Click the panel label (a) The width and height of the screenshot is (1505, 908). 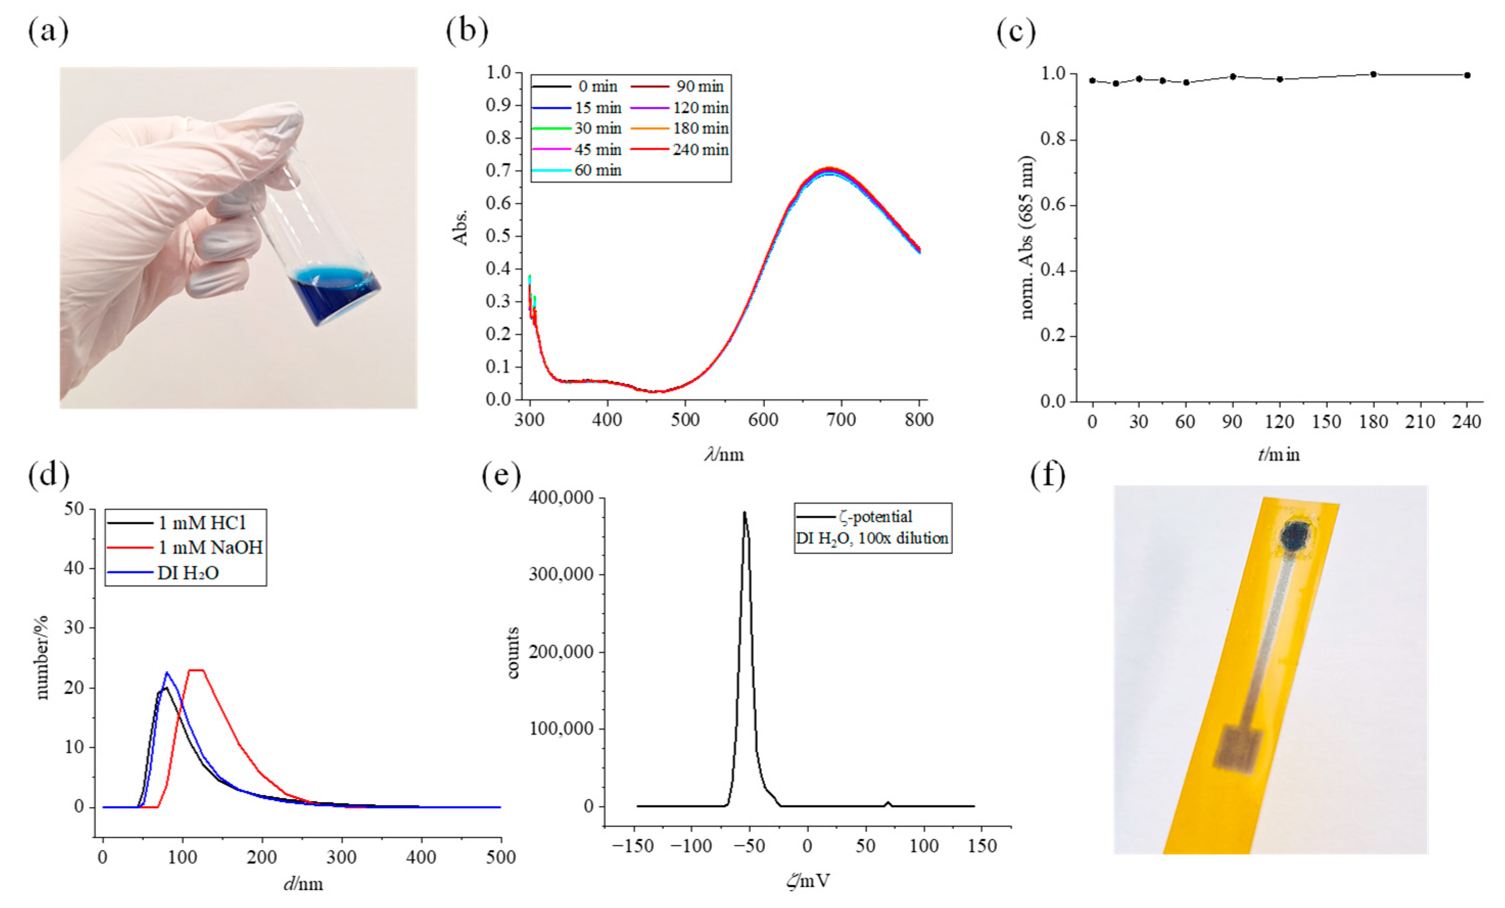coord(48,31)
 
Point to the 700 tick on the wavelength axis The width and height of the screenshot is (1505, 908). coord(841,420)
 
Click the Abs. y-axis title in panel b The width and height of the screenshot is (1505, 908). coord(461,228)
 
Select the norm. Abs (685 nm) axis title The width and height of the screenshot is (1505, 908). coord(1027,237)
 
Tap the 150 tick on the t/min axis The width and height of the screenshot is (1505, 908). coord(1326,422)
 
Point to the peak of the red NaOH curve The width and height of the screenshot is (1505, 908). coord(197,670)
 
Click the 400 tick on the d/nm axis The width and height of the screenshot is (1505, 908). coord(421,857)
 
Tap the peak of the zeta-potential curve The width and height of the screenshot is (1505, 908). coord(745,513)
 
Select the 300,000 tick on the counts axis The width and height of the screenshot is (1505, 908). coord(561,574)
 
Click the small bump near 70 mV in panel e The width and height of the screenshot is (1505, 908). coord(888,803)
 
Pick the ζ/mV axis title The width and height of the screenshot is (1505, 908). coord(807,880)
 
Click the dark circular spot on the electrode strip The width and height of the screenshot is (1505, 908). coord(1294,536)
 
